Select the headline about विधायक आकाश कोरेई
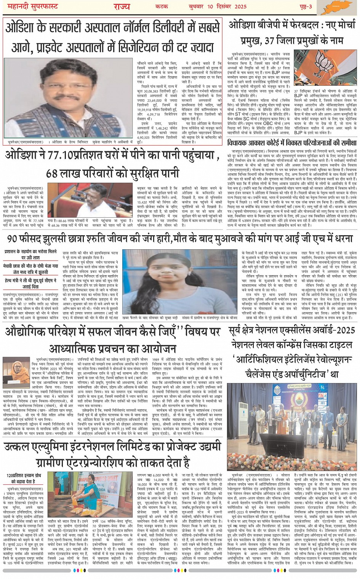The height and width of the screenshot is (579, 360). coord(291,154)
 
